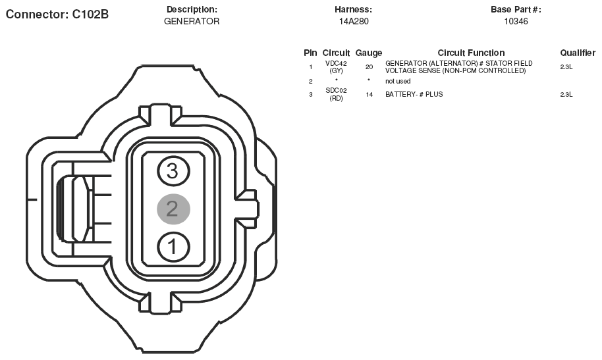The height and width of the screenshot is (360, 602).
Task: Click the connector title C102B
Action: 57,14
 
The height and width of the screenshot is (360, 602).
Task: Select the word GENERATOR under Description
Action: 192,22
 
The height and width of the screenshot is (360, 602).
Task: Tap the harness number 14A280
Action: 354,22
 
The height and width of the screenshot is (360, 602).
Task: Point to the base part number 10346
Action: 516,22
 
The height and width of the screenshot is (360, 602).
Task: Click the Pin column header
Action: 310,53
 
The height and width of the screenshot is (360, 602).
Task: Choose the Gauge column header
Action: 369,53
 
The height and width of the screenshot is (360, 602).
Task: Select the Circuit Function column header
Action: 471,53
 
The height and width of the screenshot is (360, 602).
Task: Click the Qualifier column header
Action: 578,53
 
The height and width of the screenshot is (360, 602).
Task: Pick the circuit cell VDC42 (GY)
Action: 336,67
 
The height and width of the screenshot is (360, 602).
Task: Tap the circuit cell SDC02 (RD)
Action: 336,94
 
